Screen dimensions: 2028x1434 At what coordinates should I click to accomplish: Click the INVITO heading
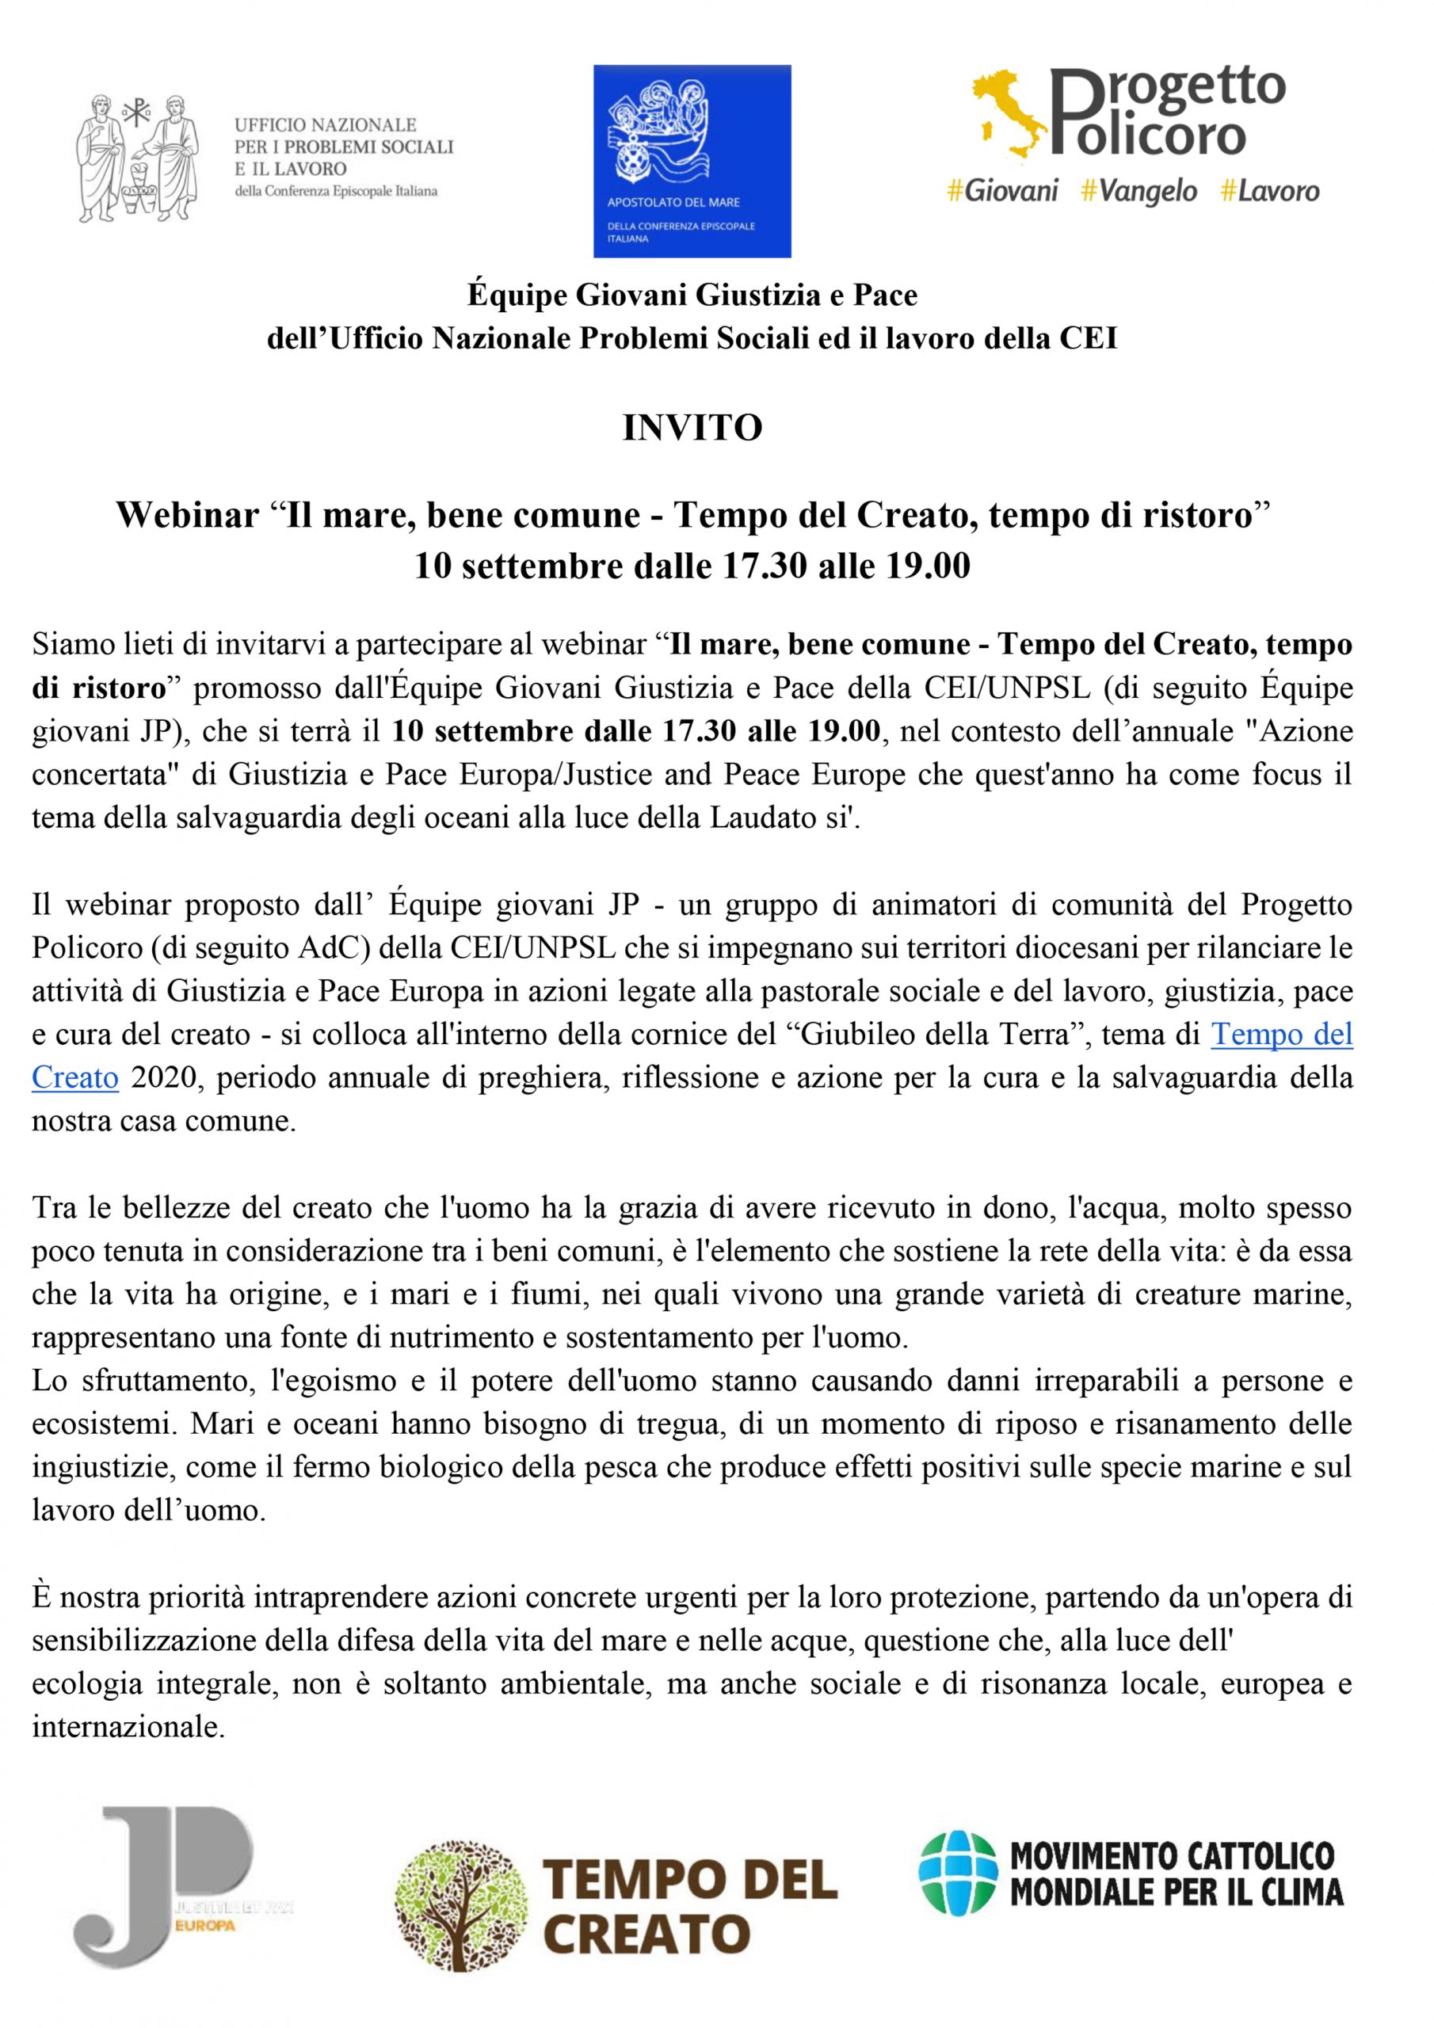point(692,429)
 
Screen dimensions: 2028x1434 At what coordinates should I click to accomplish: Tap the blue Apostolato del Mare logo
point(692,161)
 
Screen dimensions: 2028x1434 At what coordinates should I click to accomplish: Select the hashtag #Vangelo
point(1139,191)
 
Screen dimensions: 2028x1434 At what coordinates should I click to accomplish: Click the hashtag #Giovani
point(1002,191)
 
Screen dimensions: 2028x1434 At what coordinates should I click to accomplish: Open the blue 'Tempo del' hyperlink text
point(1281,1035)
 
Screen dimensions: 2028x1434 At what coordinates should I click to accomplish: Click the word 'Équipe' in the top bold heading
point(517,295)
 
